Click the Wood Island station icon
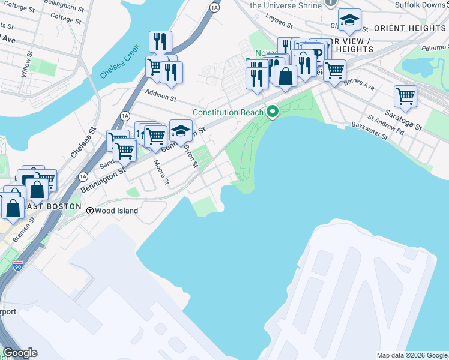coord(90,211)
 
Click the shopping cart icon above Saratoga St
coord(406,96)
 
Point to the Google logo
coord(19,353)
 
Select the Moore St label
coord(162,172)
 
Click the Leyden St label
coord(281,23)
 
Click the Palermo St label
coord(434,47)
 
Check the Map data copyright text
coord(412,355)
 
